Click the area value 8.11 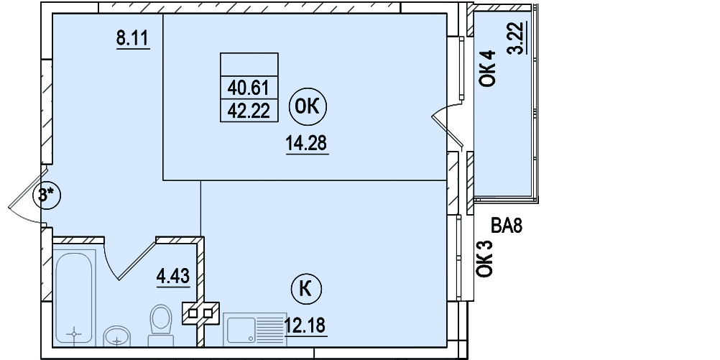tap(133, 38)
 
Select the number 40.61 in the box tap(249, 87)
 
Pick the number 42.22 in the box tap(249, 110)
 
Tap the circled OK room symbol tap(308, 107)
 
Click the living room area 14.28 tap(307, 143)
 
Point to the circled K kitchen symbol tap(306, 290)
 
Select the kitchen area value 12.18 tap(305, 325)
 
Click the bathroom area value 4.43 tap(173, 277)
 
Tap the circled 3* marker tap(47, 196)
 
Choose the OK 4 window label tap(487, 68)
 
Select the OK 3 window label tap(484, 259)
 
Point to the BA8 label tap(507, 226)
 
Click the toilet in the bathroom tap(161, 325)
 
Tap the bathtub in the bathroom tap(75, 297)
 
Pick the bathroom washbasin tap(117, 336)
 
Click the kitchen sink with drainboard tap(255, 329)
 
